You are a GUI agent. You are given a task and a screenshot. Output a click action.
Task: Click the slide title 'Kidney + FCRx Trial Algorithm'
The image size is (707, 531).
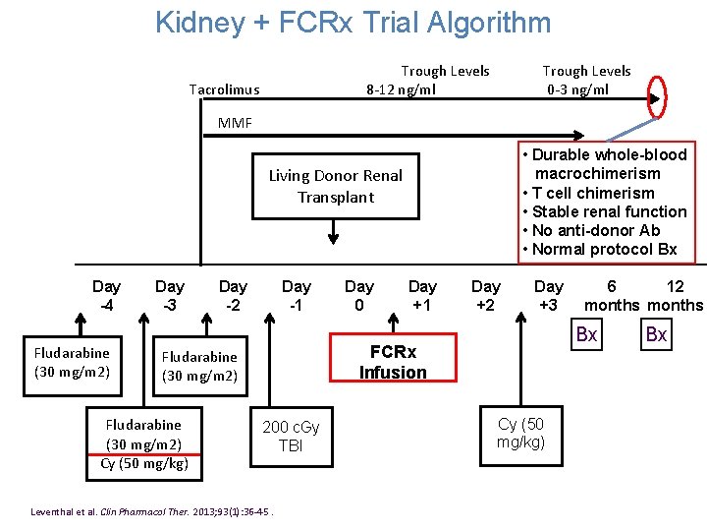coord(353,23)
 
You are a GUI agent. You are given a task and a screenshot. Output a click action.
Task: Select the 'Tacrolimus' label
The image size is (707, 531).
coord(224,89)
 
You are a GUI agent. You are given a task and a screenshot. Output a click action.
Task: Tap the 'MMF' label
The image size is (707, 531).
coord(235,123)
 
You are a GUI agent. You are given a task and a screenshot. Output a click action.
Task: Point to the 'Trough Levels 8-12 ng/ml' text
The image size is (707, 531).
coord(428,81)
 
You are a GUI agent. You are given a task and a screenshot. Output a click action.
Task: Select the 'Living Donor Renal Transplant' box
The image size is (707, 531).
coord(335,186)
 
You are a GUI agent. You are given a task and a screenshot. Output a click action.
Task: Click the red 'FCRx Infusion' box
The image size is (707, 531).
coord(393,362)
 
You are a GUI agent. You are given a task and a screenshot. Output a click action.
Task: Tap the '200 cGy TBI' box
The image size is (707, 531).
coord(291,436)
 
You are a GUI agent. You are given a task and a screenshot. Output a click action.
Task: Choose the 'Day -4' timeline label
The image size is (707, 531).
coord(106,295)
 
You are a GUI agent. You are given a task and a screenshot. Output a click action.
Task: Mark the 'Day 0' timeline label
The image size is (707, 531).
coord(358,295)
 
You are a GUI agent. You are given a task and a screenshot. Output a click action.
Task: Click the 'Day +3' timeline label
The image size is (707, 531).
coord(548,295)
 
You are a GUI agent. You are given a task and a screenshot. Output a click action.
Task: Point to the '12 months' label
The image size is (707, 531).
coord(675,295)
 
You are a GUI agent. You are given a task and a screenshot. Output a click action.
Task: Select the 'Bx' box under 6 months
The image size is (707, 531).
coord(586,335)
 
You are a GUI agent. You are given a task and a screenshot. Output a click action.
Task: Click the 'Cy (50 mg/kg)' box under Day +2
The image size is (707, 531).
coord(520,433)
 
